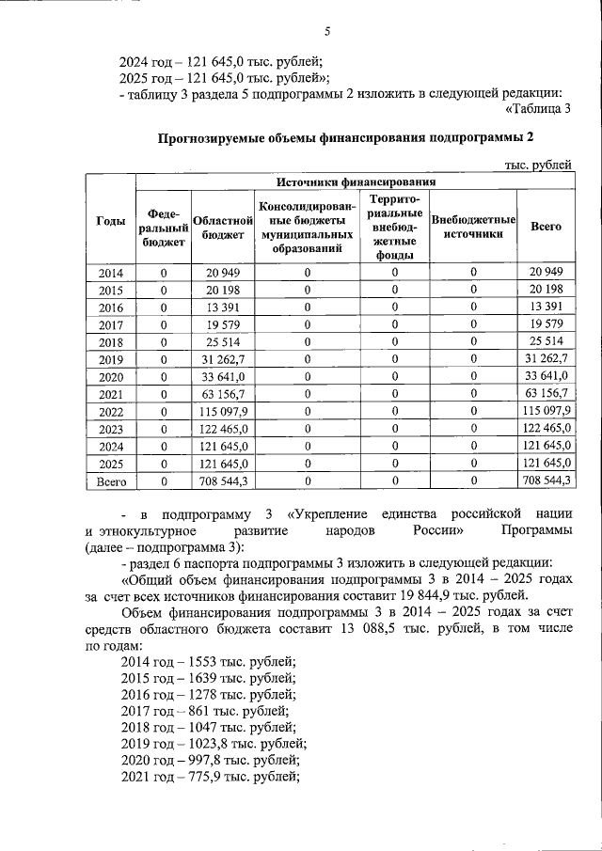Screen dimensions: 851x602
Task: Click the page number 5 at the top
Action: (x=327, y=31)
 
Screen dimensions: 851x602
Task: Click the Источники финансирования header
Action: (x=356, y=182)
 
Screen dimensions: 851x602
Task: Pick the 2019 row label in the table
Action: (x=111, y=358)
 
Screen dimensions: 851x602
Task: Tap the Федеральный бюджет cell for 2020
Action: (x=164, y=376)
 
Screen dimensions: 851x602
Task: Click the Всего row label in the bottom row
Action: (x=111, y=481)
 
